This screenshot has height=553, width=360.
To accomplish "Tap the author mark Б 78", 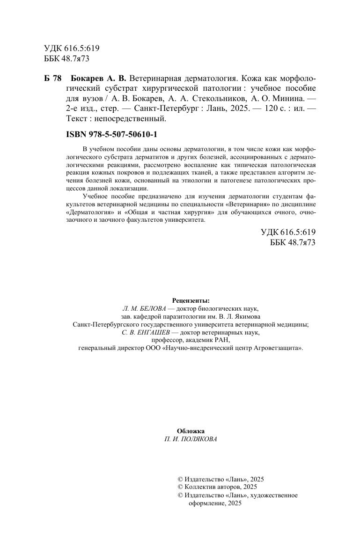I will pos(53,77).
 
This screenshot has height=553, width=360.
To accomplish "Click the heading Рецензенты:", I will pos(191,301).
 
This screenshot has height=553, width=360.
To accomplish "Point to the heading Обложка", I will pos(191,431).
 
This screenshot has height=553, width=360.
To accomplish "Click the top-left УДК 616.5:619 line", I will pos(72,49).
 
